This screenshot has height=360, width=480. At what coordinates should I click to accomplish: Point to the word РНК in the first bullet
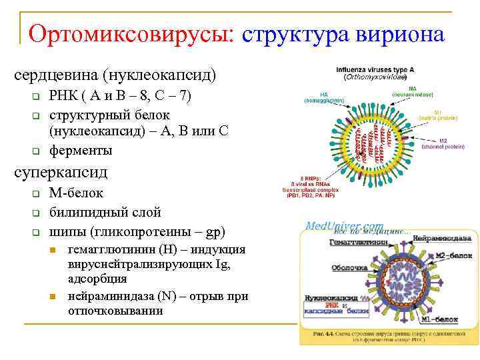coord(63,96)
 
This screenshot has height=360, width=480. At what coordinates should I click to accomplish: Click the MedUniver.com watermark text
coord(344,226)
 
